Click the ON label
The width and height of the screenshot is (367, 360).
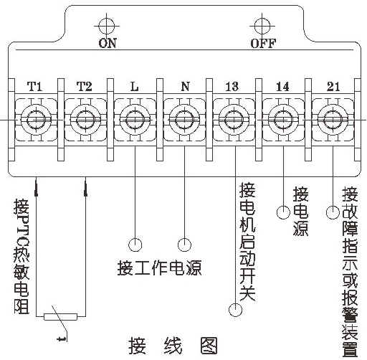[108, 43]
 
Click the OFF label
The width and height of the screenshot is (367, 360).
[263, 43]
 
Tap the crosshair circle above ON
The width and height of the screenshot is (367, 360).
[107, 26]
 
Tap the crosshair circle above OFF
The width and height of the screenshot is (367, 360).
[262, 26]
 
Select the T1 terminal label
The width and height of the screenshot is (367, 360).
[35, 87]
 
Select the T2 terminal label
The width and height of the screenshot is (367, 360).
[85, 87]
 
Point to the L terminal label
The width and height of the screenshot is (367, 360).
[135, 87]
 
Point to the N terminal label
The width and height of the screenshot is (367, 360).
[185, 87]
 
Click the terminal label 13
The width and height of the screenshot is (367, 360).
[232, 87]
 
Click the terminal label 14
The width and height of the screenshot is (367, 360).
[282, 87]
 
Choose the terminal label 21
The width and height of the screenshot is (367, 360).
[333, 87]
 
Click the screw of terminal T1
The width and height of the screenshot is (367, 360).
[36, 120]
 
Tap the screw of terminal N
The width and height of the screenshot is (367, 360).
[184, 120]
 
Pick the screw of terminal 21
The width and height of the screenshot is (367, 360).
[333, 120]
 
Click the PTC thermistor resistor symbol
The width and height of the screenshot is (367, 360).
[61, 317]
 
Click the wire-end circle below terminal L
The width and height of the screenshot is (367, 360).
[135, 245]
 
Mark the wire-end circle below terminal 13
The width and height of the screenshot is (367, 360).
[235, 310]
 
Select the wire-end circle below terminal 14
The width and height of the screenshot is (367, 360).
[284, 212]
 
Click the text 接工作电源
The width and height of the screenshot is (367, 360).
[160, 267]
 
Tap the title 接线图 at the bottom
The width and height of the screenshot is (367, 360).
[173, 346]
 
